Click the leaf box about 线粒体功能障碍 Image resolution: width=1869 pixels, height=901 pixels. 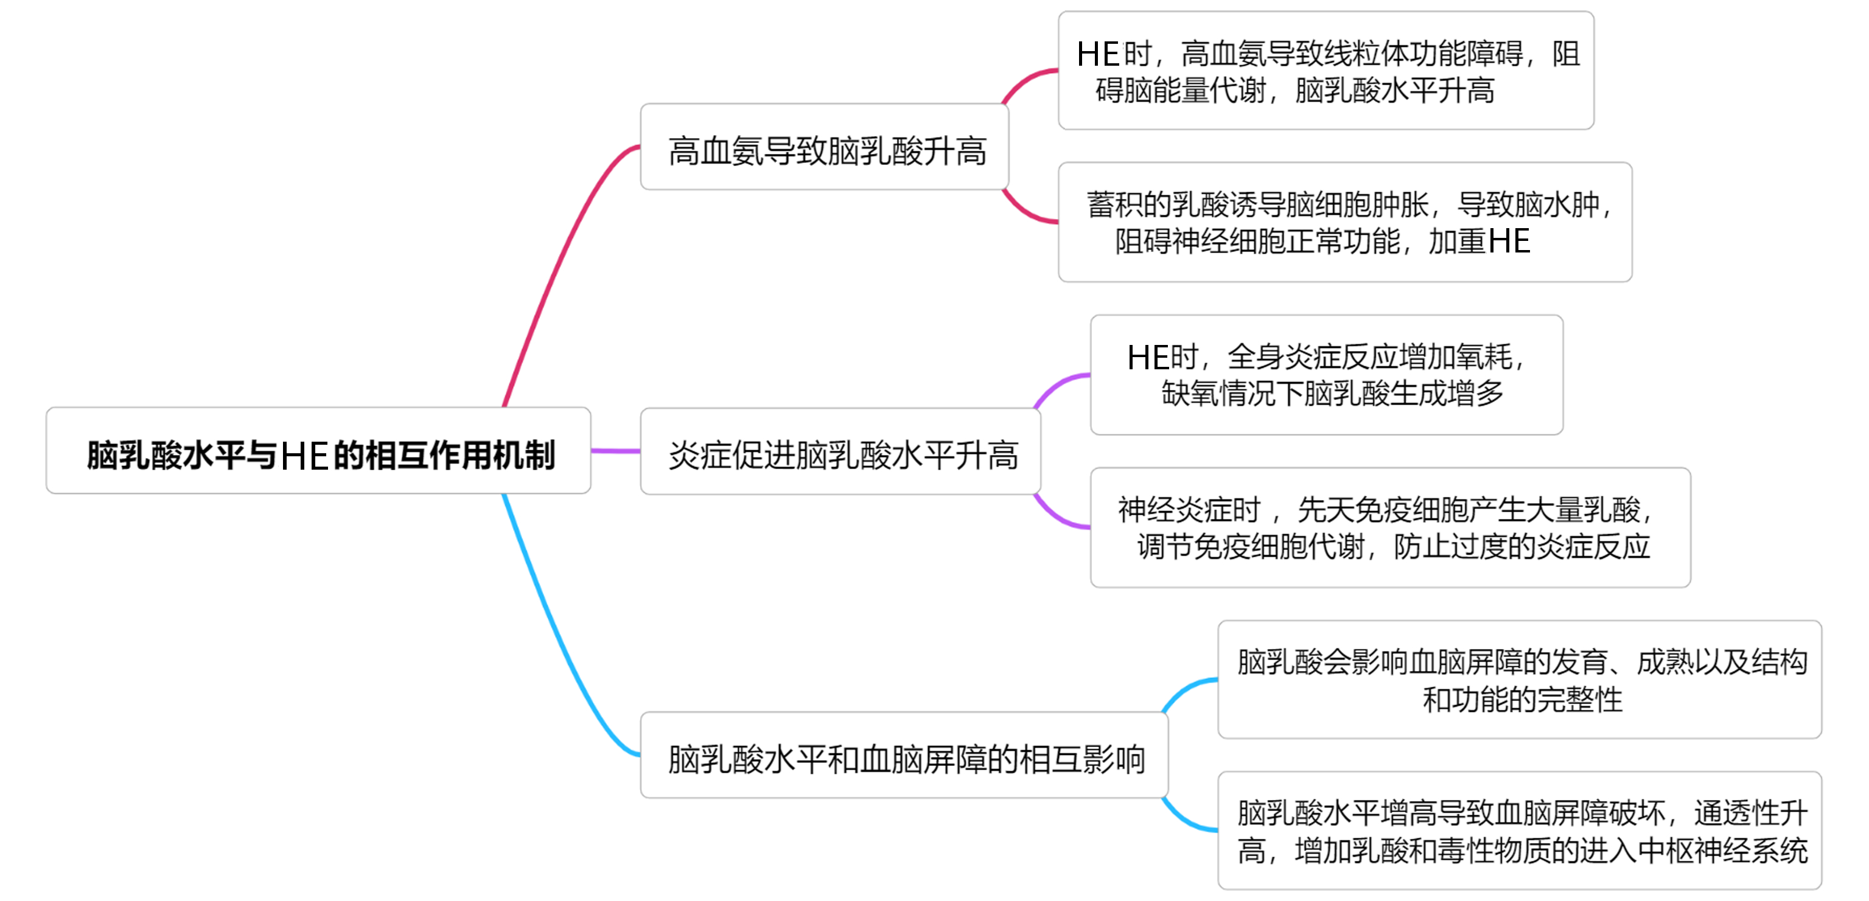1326,71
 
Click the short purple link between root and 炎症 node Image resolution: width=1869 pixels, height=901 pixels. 615,451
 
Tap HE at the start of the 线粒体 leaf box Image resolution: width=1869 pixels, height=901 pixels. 1098,54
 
